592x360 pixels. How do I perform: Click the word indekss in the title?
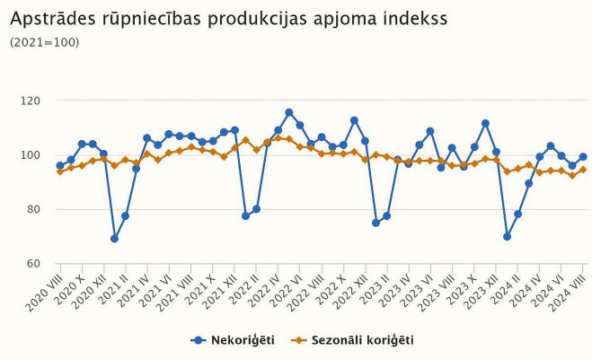pos(412,18)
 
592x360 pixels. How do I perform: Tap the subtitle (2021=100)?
pos(44,42)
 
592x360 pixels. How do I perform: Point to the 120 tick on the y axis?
pos(33,101)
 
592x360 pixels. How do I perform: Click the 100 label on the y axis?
pos(33,155)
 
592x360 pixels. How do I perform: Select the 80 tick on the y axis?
pos(36,210)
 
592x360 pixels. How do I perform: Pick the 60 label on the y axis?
pos(36,264)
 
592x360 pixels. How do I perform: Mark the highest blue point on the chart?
pos(288,113)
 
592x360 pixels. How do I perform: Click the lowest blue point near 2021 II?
pos(114,239)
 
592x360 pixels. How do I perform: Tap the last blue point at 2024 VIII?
pos(583,157)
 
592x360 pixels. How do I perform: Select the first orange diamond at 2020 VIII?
pos(60,171)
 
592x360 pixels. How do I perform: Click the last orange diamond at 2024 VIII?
pos(583,170)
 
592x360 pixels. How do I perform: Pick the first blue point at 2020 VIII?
pos(60,165)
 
